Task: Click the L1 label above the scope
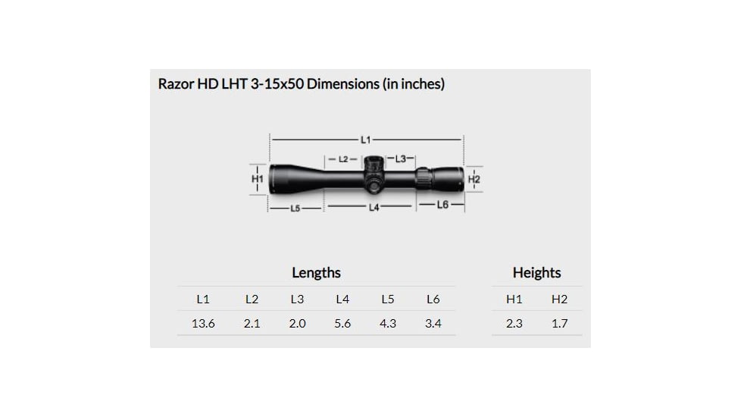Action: (366, 140)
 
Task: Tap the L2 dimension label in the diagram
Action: (343, 159)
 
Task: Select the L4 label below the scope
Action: (374, 207)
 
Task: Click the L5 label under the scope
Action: (295, 208)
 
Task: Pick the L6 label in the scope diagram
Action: (442, 205)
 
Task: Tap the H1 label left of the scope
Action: (257, 179)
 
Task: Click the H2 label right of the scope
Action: (474, 180)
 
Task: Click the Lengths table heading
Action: (316, 273)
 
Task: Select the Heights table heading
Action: (536, 273)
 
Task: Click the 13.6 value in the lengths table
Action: (203, 323)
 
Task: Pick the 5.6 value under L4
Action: (342, 323)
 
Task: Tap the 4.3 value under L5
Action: (387, 323)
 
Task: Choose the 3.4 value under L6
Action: (433, 323)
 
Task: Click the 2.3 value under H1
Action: (514, 323)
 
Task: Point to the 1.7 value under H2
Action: (559, 323)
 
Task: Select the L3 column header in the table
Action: (297, 299)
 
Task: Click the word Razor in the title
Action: (176, 84)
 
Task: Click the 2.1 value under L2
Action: (252, 323)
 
